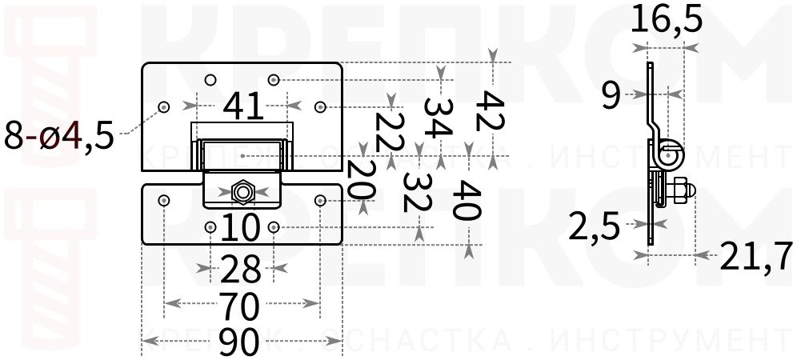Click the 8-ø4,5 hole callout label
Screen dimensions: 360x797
tap(59, 134)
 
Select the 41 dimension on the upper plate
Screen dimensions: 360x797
tap(243, 106)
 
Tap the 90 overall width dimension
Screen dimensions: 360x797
tap(238, 342)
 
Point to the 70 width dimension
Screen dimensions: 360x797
tap(238, 306)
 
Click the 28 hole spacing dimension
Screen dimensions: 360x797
tap(240, 270)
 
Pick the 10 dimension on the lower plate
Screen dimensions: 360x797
tap(240, 228)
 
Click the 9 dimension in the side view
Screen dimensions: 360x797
tap(611, 96)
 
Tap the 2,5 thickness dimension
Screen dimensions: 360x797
tap(594, 228)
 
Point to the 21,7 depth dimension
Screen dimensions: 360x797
tap(755, 256)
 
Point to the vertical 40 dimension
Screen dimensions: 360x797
tap(467, 200)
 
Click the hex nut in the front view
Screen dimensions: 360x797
tap(241, 191)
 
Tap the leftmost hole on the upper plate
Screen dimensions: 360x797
tap(164, 106)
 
